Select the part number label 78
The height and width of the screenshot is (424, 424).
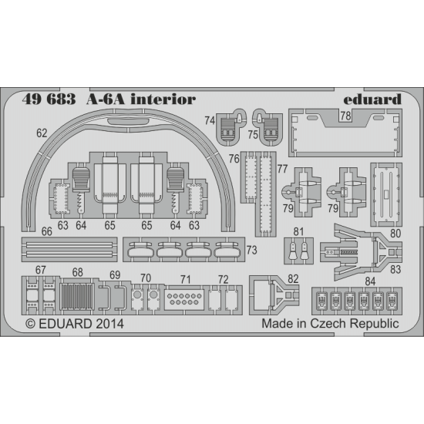345,116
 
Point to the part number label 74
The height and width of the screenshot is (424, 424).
210,119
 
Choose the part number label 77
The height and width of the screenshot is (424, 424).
281,167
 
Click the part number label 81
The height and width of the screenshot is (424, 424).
298,231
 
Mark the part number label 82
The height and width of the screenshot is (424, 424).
292,278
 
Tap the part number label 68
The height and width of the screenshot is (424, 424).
77,273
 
